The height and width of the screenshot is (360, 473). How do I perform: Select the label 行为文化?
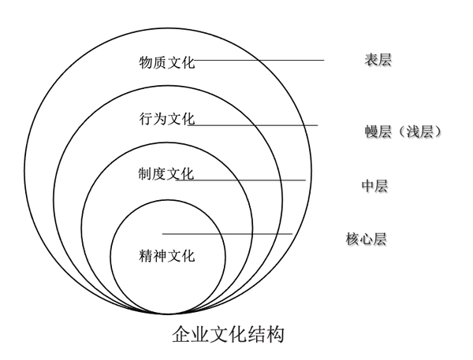tap(166, 119)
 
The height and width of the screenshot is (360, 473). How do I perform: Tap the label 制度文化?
tap(166, 174)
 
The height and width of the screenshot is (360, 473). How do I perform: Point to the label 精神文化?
tap(166, 255)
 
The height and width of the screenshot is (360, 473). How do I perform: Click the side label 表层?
tap(378, 59)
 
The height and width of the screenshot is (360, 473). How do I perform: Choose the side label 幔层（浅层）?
tap(398, 132)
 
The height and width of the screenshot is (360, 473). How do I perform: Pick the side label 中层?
tap(374, 186)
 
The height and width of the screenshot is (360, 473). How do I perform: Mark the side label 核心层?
tap(366, 239)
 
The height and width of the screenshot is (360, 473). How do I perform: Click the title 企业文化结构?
tap(228, 334)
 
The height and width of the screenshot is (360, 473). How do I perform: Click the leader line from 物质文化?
tap(260, 60)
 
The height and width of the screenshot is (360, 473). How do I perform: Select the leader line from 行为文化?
tap(256, 125)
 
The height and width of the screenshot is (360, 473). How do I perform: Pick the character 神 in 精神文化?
tap(159, 255)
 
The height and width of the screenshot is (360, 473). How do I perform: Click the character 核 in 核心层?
tap(352, 239)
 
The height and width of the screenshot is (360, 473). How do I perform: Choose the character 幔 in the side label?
tap(362, 132)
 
